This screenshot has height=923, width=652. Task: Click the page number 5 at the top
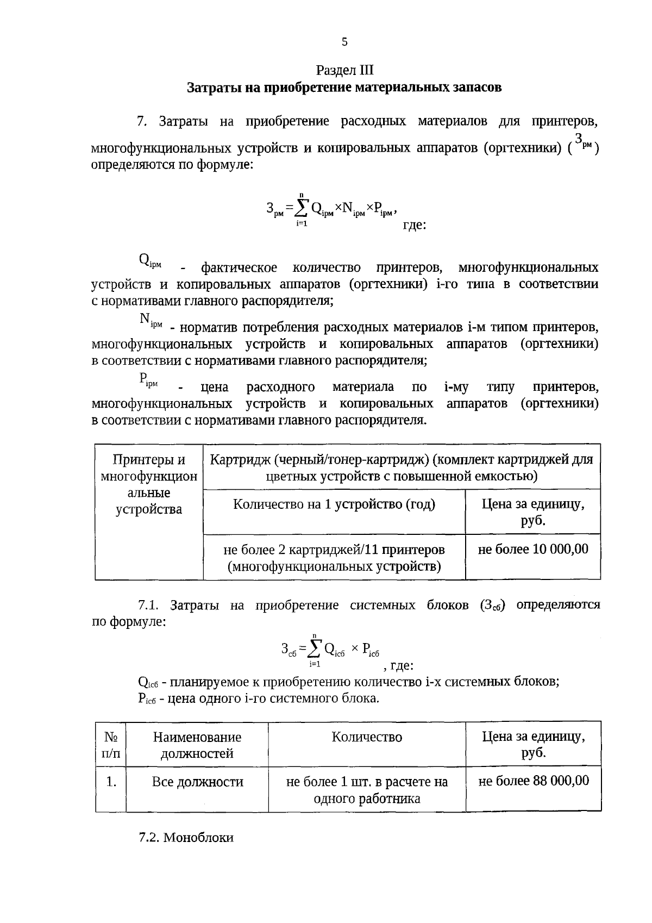[344, 42]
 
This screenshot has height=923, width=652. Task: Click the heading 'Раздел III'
[344, 71]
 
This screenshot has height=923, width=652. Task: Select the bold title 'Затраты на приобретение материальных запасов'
[344, 88]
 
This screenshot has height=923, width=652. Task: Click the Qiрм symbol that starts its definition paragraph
[151, 261]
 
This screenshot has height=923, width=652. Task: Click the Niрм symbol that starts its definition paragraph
[151, 320]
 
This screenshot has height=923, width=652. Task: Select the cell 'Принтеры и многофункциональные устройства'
[149, 484]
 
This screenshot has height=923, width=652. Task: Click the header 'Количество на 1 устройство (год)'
[334, 504]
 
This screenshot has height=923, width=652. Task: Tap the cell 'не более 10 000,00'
[533, 549]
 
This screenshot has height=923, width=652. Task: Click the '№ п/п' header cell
[111, 745]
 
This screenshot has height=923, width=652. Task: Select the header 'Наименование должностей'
[197, 745]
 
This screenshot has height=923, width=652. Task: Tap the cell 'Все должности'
[197, 782]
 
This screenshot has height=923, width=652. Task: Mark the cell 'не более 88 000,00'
[533, 781]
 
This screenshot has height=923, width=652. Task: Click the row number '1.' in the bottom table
[111, 782]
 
